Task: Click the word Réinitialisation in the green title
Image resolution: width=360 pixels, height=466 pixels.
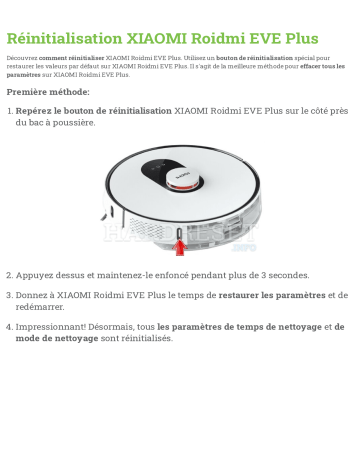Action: click(65, 39)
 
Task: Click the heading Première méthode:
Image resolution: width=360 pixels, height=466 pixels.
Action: click(47, 92)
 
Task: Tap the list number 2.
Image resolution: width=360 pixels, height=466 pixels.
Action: click(9, 275)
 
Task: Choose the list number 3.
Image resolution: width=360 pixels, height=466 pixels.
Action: click(9, 295)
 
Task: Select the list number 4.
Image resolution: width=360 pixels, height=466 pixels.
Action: click(9, 326)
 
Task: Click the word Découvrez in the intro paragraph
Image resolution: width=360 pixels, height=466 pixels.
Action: click(21, 59)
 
